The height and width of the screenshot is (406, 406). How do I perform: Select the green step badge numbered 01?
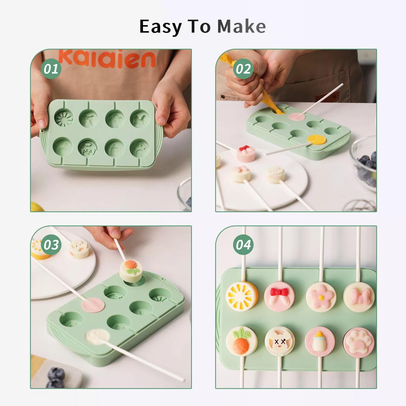51,69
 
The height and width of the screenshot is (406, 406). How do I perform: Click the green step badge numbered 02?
243,69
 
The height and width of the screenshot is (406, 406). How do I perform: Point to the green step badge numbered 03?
51,245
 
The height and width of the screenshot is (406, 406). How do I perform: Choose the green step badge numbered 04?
243,245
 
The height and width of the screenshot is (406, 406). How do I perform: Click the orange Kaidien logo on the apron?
107,59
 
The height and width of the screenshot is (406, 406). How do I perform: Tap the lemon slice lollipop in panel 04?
241,296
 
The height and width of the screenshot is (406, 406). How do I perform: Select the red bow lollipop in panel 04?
279,296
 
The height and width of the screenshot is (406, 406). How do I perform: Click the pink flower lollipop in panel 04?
321,297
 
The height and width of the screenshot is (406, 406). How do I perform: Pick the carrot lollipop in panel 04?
241,341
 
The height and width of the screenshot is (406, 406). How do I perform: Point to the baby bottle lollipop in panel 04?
320,342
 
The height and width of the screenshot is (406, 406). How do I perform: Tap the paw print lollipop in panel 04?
359,342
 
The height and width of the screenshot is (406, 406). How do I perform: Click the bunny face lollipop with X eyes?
280,341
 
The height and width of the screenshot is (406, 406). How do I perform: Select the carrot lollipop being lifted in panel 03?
131,271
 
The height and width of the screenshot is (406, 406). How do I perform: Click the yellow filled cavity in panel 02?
317,140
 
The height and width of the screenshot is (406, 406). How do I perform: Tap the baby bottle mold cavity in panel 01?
115,148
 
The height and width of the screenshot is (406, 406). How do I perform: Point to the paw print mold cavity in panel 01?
140,149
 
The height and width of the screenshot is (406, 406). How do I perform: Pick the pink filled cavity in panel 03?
93,305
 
